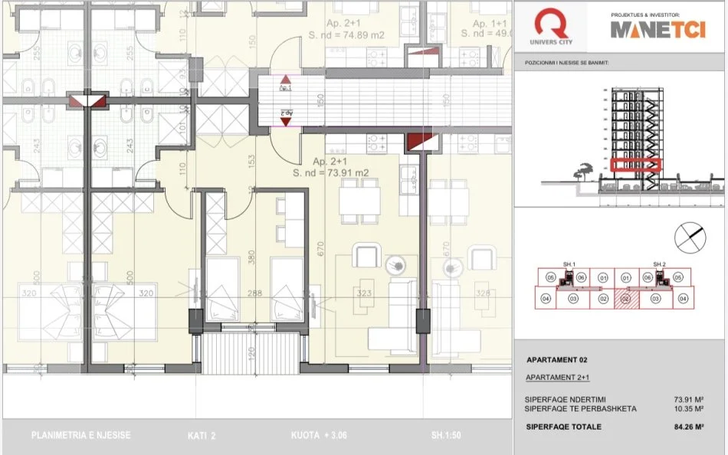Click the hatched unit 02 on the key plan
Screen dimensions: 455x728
point(626,299)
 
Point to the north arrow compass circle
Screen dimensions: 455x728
point(690,237)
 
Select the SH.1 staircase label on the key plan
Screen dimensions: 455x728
point(569,264)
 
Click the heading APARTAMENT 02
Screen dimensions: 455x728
point(557,359)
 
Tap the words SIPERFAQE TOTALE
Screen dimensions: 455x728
point(563,427)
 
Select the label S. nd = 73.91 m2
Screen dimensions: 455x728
point(330,173)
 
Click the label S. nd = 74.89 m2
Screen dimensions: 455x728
point(345,34)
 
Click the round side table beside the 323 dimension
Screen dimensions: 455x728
point(398,265)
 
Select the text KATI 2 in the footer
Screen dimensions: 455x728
point(202,436)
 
